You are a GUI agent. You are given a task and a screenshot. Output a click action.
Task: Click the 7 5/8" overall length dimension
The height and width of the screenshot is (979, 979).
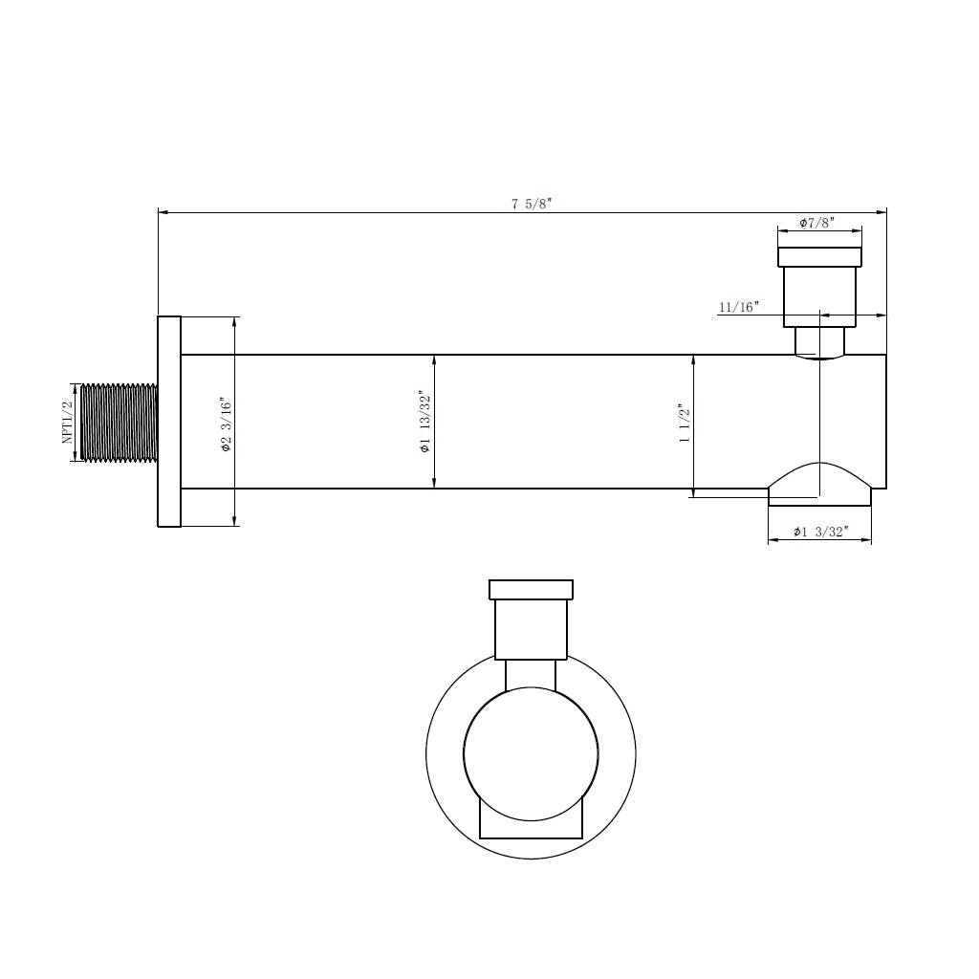coord(532,203)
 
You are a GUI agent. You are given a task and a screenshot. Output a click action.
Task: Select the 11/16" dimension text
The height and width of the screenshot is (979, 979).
coord(737,307)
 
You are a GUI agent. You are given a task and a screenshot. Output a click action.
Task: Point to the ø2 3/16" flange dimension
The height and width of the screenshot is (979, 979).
coord(226,424)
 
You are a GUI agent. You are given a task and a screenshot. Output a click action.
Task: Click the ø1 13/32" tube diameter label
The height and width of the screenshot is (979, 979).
coord(424,422)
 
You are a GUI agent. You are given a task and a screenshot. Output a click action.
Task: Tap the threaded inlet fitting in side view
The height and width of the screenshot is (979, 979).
coord(120,422)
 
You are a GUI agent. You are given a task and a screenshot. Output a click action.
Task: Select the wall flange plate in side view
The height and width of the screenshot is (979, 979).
coord(169,421)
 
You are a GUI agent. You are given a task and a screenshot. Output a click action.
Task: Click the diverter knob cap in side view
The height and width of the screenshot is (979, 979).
coord(819,256)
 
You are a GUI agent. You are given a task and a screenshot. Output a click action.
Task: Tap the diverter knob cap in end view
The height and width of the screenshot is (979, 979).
coord(531,589)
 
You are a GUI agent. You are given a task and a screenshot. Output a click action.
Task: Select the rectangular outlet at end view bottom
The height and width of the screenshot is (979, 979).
coord(531,822)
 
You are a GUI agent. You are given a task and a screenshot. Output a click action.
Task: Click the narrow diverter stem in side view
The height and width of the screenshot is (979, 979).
coord(819,340)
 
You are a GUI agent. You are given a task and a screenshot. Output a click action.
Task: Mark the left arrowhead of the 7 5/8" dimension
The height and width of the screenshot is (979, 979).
coord(163,211)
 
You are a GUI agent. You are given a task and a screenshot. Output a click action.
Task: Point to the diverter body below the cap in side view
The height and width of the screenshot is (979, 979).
coord(819,295)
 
